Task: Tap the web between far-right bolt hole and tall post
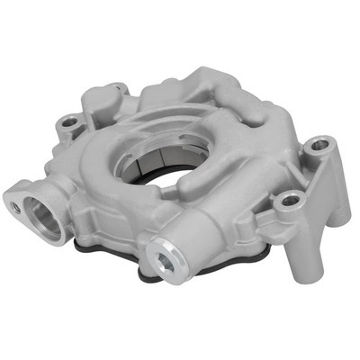point(306,175)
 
